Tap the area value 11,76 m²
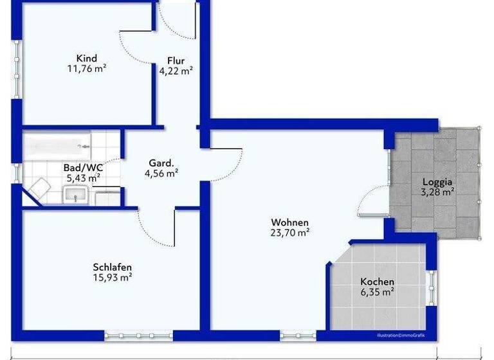tap(86, 69)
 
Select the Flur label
tap(176, 61)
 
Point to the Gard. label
tap(161, 163)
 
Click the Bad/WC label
tap(82, 168)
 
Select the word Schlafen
tap(113, 267)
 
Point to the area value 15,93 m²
tap(113, 278)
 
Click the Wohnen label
tap(289, 222)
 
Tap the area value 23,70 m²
tap(289, 233)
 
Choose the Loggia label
tap(437, 181)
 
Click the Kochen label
tap(377, 282)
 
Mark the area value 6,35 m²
tap(377, 292)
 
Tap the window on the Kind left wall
tap(16, 70)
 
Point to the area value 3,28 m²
tap(437, 192)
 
